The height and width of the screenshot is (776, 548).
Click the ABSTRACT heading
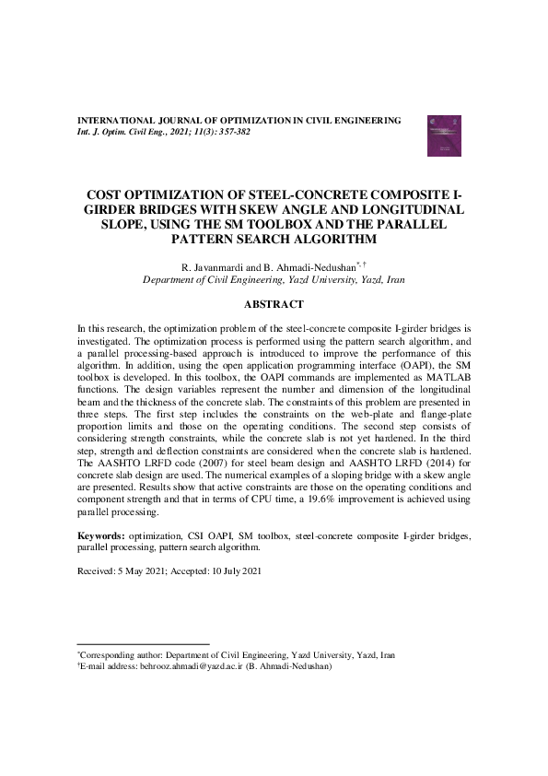pyautogui.click(x=274, y=303)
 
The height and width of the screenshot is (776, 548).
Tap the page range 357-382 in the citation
pyautogui.click(x=232, y=132)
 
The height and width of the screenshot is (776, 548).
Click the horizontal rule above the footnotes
pyautogui.click(x=143, y=644)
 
